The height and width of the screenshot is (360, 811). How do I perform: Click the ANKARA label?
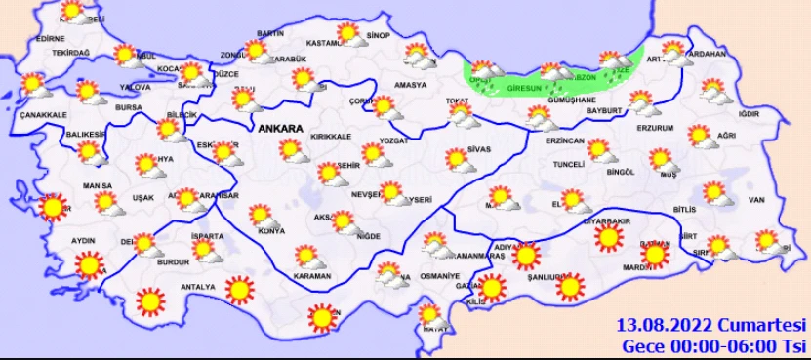pyautogui.click(x=281, y=128)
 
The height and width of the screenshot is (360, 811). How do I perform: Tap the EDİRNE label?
pyautogui.click(x=49, y=38)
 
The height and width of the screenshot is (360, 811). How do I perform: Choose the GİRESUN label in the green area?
pyautogui.click(x=524, y=88)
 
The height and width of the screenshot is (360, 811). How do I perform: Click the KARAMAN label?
pyautogui.click(x=312, y=276)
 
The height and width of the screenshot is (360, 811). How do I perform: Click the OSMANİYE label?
pyautogui.click(x=440, y=276)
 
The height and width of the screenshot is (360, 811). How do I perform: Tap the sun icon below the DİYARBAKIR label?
pyautogui.click(x=610, y=237)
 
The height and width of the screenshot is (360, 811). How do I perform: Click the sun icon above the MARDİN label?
pyautogui.click(x=655, y=256)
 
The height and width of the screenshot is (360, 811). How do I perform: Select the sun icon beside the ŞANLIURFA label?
pyautogui.click(x=571, y=286)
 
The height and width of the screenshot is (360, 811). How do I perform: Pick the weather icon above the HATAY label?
pyautogui.click(x=428, y=314)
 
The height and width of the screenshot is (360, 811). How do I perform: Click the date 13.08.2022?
pyautogui.click(x=664, y=324)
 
